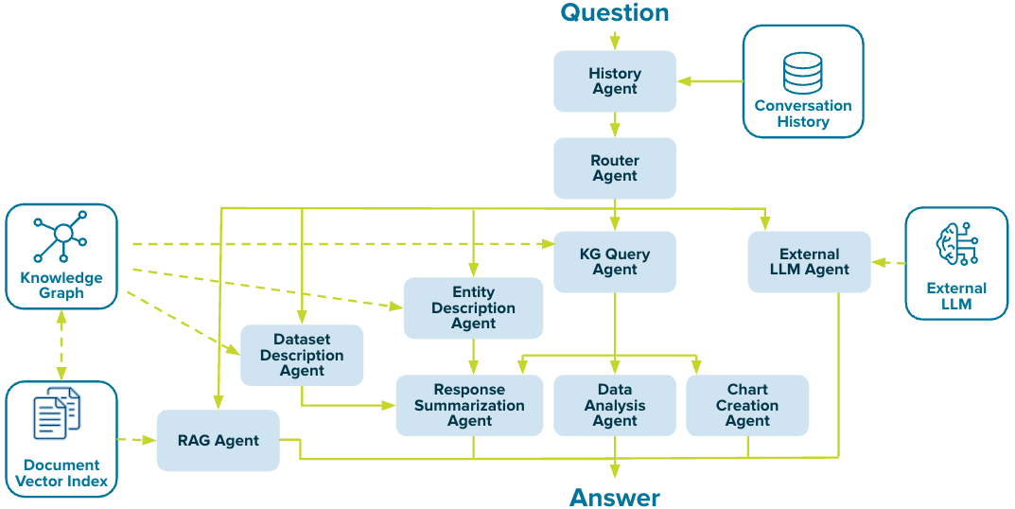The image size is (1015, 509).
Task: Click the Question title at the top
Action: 615,13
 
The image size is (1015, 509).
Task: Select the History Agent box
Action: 615,81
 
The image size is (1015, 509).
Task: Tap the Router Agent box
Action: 615,168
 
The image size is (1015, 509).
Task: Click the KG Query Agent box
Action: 615,262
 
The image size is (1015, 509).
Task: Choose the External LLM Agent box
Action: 809,262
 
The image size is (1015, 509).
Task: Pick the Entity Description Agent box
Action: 473,308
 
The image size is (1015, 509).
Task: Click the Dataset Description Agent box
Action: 302,356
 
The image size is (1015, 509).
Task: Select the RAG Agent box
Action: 219,441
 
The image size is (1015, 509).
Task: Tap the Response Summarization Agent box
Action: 469,405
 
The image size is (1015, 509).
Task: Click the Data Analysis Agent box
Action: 615,405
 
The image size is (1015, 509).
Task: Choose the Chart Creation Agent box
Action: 747,405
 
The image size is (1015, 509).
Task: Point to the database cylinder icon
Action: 802,74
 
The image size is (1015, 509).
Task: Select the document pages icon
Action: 58,415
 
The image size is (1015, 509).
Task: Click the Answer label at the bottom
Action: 615,497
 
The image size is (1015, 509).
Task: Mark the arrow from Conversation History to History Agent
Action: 710,81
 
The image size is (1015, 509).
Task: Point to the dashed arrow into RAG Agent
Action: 137,440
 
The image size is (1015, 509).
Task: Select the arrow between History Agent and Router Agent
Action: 615,124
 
